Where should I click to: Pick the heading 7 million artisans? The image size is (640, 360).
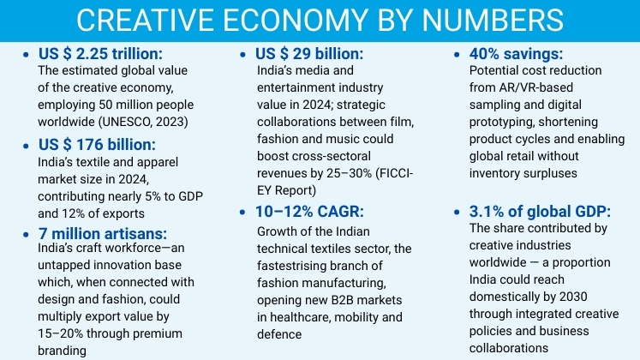[102, 234]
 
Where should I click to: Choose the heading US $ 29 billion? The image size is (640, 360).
[310, 53]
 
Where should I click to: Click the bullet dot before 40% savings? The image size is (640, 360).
[454, 54]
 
